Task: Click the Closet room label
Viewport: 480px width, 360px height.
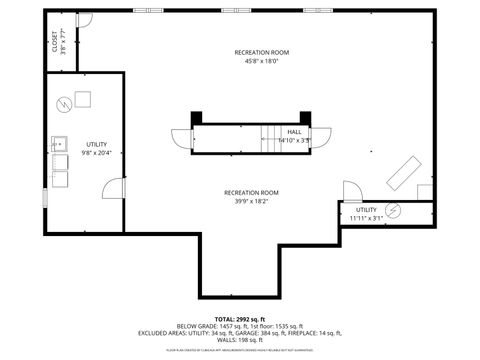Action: (54, 42)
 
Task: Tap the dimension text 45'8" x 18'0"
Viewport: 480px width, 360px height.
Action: (262, 61)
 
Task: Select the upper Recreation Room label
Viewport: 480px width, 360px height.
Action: (262, 52)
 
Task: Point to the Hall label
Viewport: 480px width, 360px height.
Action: (295, 132)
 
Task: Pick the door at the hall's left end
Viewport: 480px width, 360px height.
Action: (180, 139)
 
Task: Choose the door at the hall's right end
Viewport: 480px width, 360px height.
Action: (325, 137)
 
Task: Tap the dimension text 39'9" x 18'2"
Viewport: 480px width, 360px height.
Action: (251, 201)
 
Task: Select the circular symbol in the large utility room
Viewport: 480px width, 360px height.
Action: (63, 101)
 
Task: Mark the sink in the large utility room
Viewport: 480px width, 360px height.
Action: (60, 142)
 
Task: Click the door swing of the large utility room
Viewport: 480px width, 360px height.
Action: (44, 197)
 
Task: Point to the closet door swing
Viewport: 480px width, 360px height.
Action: (85, 20)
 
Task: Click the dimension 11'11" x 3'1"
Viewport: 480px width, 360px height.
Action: (366, 218)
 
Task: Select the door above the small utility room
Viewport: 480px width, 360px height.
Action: (352, 191)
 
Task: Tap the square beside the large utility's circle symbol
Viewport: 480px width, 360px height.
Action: (81, 98)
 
